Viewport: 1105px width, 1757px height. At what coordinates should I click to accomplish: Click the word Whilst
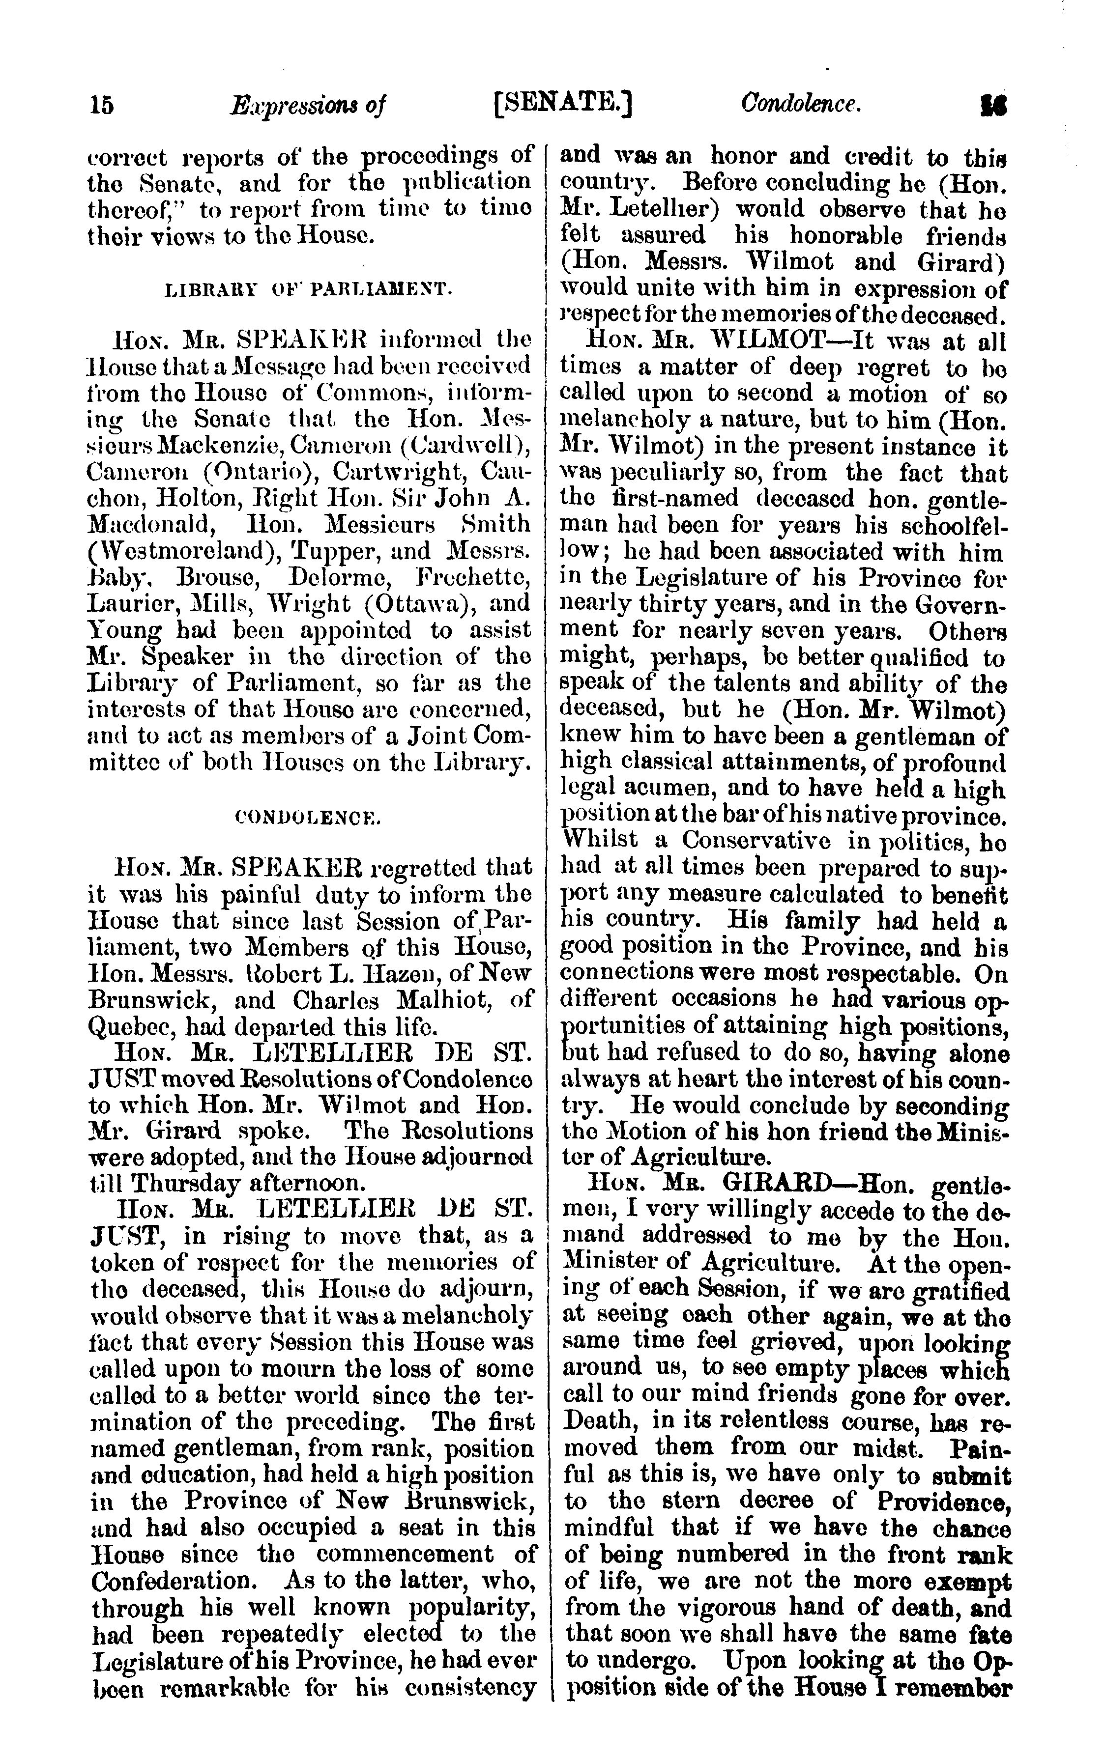click(x=598, y=841)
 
